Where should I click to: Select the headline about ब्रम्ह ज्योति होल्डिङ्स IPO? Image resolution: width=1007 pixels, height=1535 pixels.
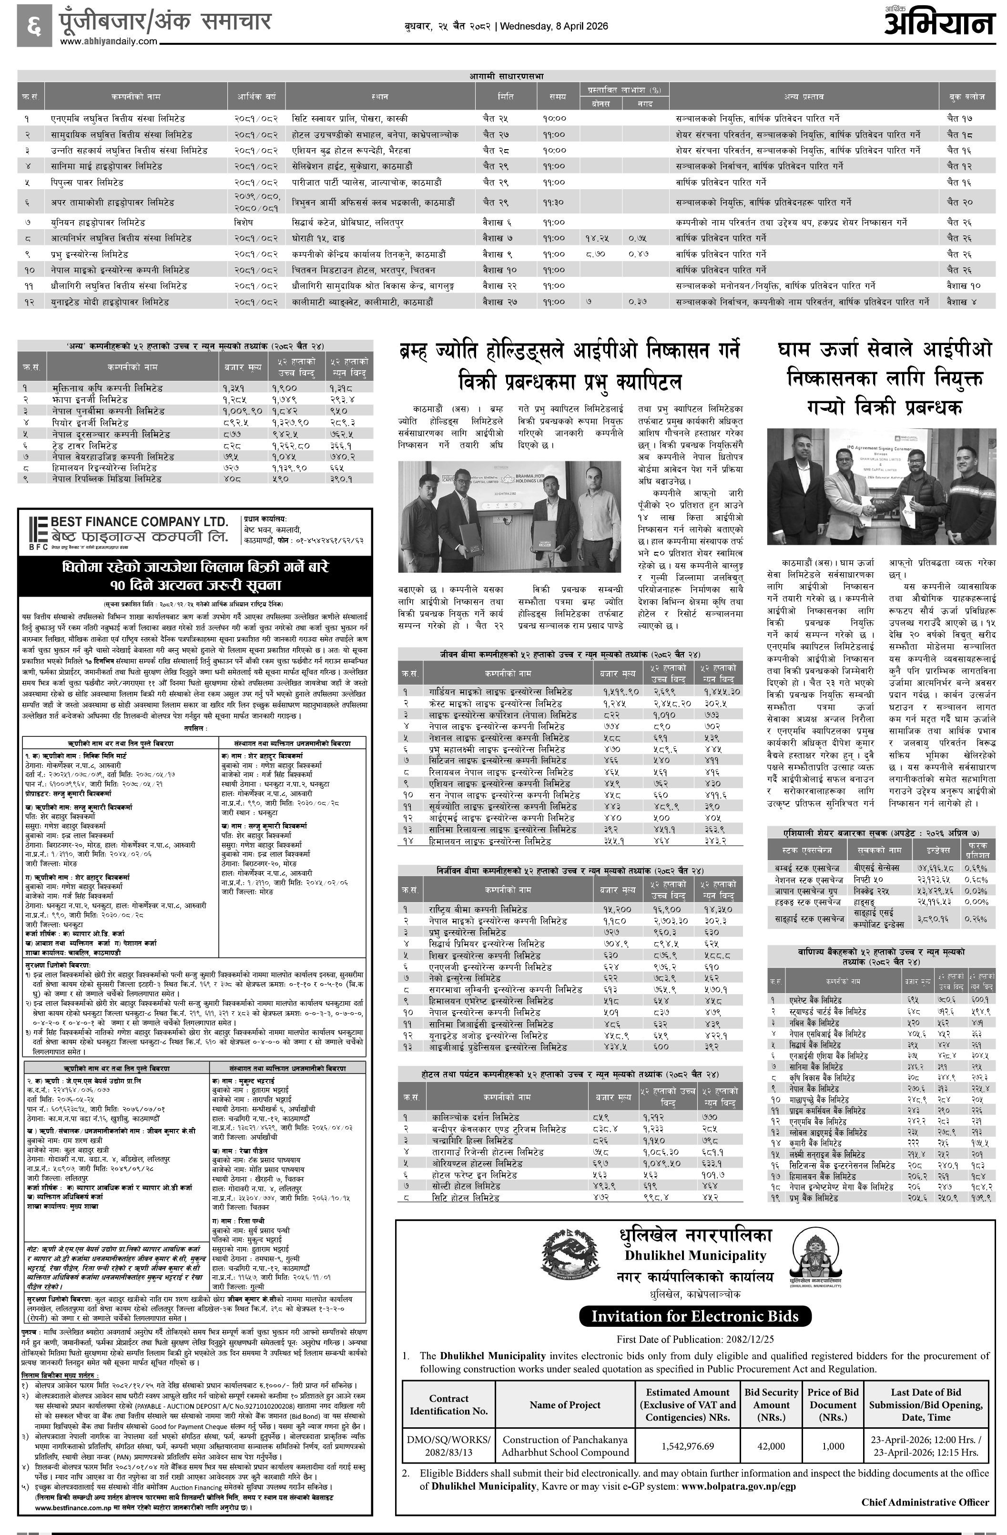click(570, 366)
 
